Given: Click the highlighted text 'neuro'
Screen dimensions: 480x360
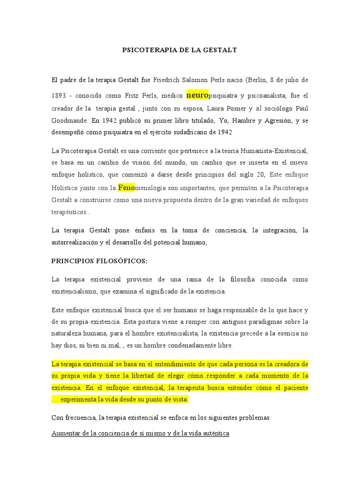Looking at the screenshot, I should tap(197, 95).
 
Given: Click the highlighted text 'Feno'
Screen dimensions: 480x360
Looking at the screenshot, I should tap(127, 187).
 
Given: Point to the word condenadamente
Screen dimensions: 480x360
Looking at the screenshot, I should tap(189, 346).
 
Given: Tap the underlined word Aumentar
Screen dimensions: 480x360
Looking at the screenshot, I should tap(66, 434).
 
